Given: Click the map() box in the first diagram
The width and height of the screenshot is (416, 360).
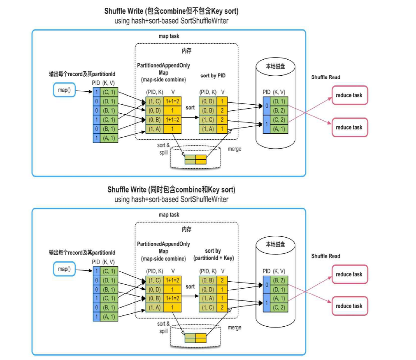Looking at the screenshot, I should point(64,90).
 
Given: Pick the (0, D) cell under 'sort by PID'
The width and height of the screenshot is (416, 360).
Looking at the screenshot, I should point(207,101).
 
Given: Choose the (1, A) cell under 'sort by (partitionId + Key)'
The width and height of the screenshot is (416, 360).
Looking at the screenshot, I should point(207,299).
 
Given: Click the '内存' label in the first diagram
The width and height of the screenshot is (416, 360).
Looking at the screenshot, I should point(187,51).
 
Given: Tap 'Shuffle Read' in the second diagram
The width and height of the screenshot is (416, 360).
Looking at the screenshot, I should point(326,256).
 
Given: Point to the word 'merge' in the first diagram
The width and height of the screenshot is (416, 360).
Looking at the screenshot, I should point(234,148).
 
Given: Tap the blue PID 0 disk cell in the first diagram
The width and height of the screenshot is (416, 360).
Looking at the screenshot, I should point(267,106).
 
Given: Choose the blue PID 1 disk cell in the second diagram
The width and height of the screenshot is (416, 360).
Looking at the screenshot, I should point(267,303).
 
